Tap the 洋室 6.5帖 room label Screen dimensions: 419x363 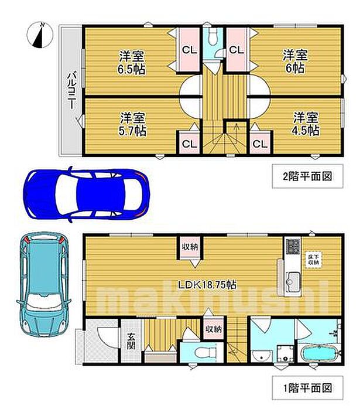[x=132, y=62]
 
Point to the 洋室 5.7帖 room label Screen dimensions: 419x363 [x=133, y=123]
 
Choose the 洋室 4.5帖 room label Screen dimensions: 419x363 [x=306, y=123]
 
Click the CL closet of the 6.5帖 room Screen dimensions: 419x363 [x=189, y=50]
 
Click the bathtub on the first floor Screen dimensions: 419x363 [x=316, y=356]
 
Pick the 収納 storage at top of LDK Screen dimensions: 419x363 [x=189, y=247]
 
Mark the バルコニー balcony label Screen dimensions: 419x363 [x=71, y=91]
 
